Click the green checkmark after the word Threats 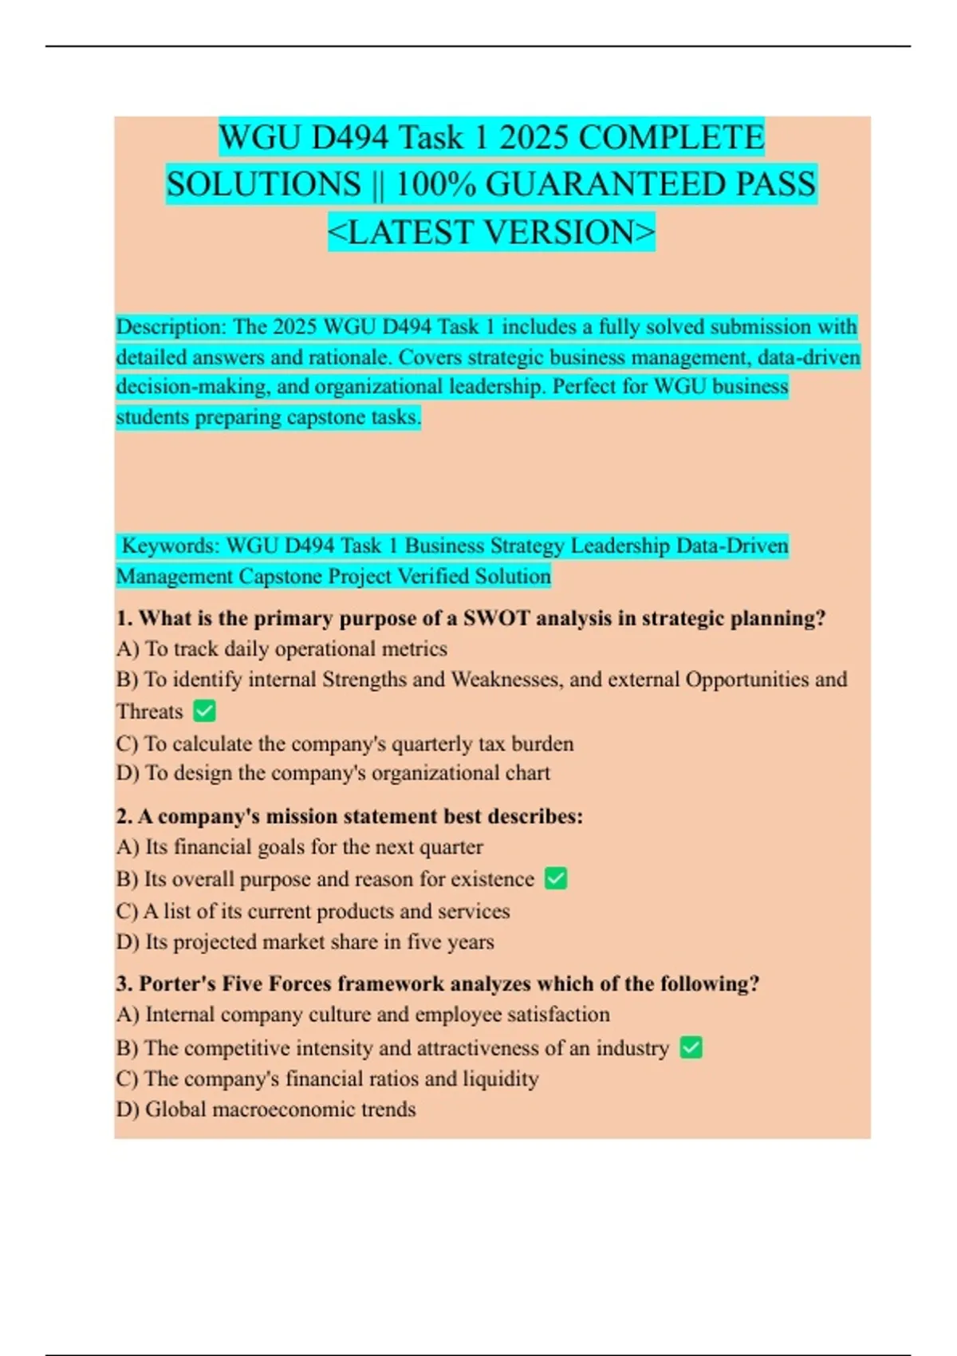click(x=205, y=711)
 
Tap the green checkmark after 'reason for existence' click(x=556, y=878)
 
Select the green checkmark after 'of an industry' click(x=691, y=1047)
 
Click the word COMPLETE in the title click(x=671, y=138)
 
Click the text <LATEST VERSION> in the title click(x=491, y=232)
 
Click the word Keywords click(x=170, y=546)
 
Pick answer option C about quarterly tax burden click(x=345, y=743)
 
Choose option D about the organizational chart click(x=333, y=773)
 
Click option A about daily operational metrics click(x=282, y=648)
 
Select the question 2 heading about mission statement click(x=349, y=816)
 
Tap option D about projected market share click(x=305, y=942)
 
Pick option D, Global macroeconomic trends click(x=266, y=1110)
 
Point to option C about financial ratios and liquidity click(x=327, y=1078)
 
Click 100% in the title click(x=435, y=185)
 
